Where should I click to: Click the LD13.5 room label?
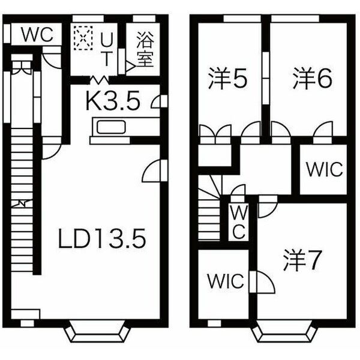pyautogui.click(x=102, y=238)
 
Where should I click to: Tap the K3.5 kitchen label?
pyautogui.click(x=113, y=101)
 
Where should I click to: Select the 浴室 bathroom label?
pyautogui.click(x=145, y=49)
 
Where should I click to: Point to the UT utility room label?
pyautogui.click(x=107, y=49)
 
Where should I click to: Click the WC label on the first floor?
pyautogui.click(x=37, y=35)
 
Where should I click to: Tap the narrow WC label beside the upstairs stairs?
pyautogui.click(x=239, y=222)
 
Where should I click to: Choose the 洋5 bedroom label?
pyautogui.click(x=228, y=78)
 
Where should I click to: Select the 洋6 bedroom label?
pyautogui.click(x=313, y=78)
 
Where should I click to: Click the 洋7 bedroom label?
pyautogui.click(x=302, y=260)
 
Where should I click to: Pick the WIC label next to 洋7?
pyautogui.click(x=226, y=281)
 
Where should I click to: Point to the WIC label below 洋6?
pyautogui.click(x=325, y=169)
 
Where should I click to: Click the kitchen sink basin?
pyautogui.click(x=111, y=127)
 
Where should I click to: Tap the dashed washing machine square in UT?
pyautogui.click(x=83, y=38)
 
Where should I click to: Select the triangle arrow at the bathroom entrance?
pyautogui.click(x=131, y=67)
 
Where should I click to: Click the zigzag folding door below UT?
pyautogui.click(x=99, y=79)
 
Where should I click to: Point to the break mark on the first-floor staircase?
pyautogui.click(x=22, y=203)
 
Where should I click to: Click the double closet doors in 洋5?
pyautogui.click(x=215, y=134)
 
